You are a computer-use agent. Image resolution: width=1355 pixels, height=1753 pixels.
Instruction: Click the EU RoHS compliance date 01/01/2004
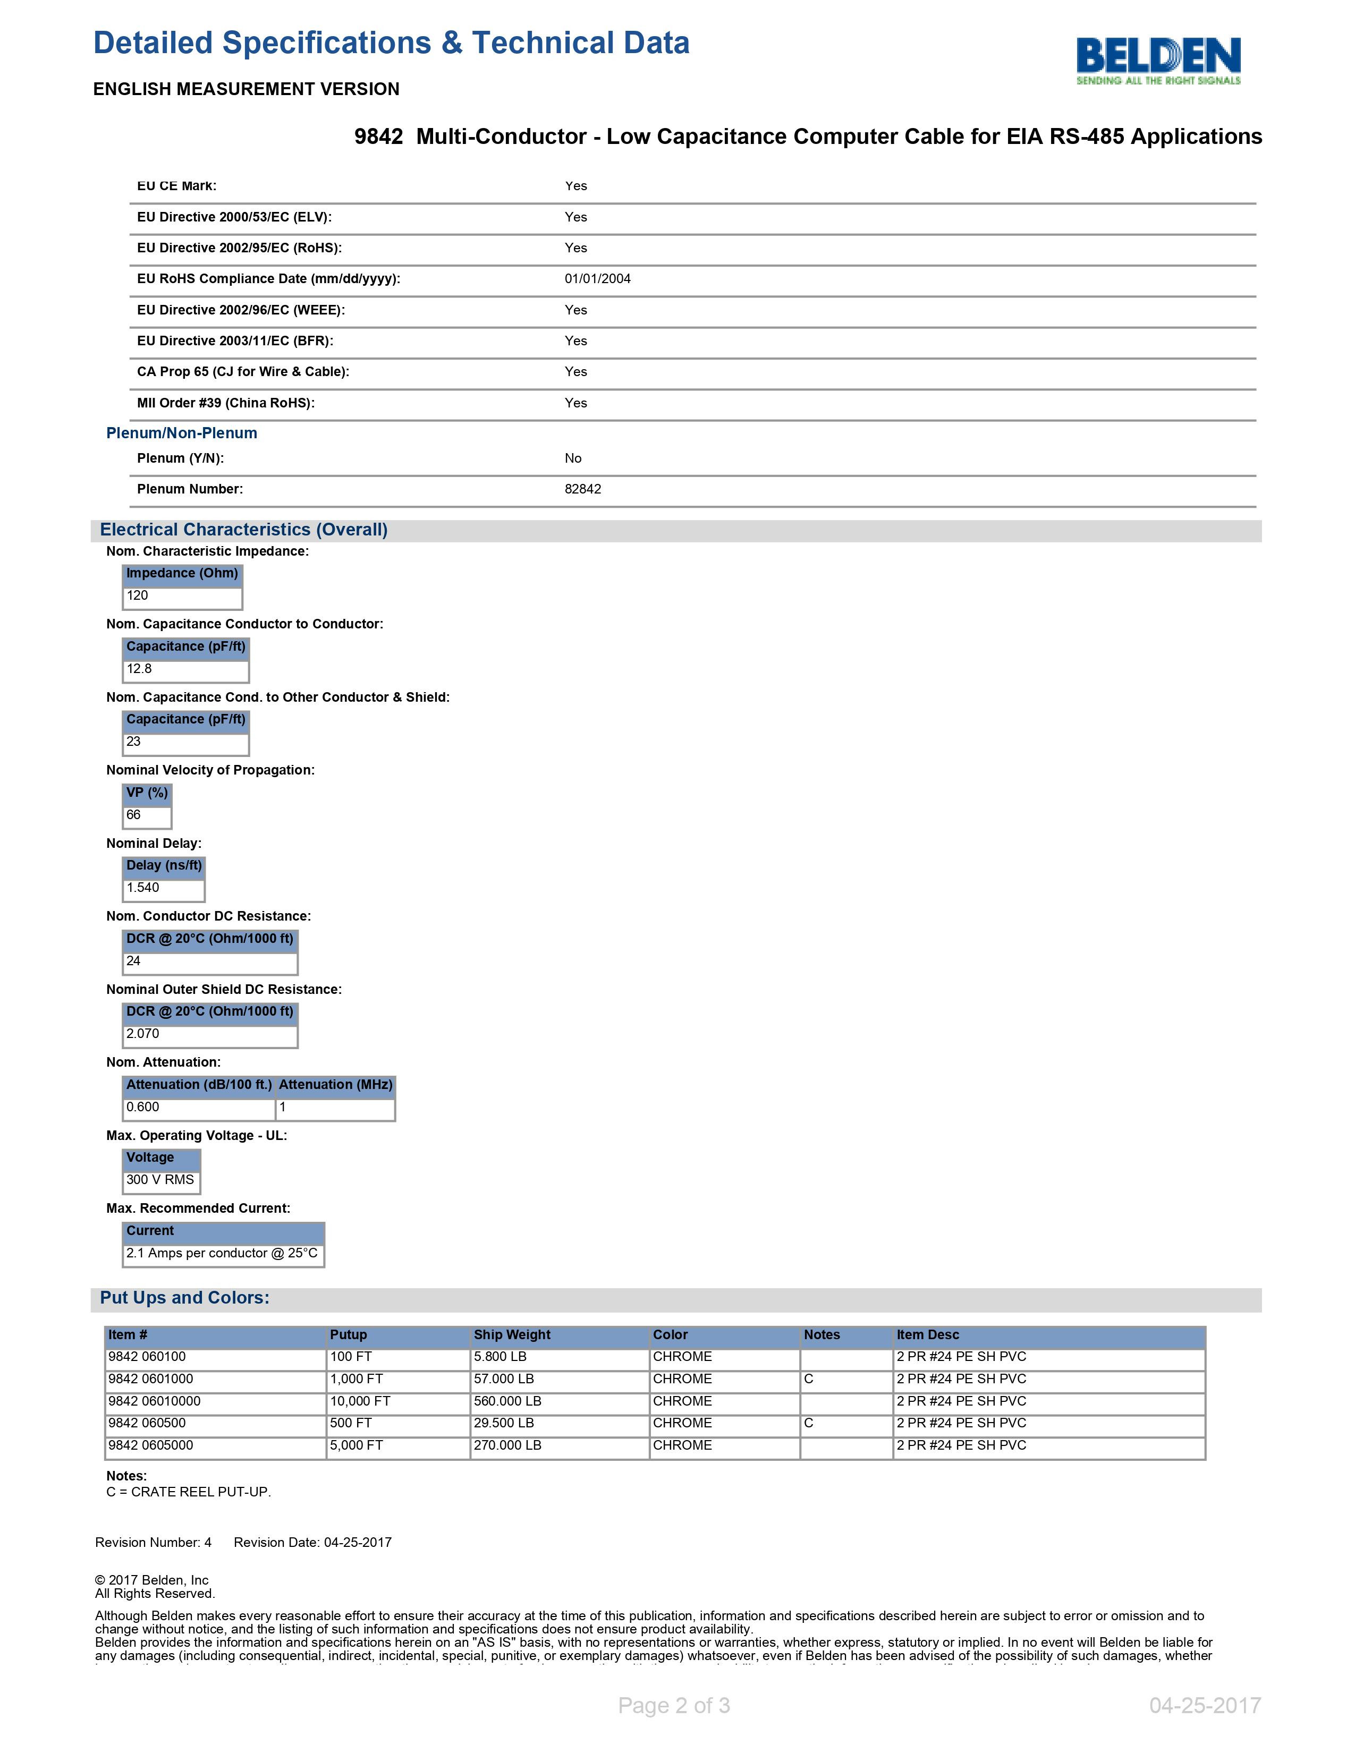tap(597, 278)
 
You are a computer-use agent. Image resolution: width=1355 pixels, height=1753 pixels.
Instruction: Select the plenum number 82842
tap(583, 489)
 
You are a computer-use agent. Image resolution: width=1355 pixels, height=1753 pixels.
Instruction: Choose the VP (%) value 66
tap(134, 815)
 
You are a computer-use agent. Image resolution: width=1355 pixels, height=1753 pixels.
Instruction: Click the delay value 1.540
tap(143, 888)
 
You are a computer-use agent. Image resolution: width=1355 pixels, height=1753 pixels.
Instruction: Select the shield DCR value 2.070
tap(143, 1034)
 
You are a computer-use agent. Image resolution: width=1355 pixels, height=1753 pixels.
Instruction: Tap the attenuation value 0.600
tap(143, 1107)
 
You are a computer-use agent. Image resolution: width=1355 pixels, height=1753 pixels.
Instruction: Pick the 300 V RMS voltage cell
tap(160, 1180)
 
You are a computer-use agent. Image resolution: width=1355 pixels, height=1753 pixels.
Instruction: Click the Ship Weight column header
tap(512, 1335)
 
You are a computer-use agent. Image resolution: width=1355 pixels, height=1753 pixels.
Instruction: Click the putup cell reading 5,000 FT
tap(357, 1445)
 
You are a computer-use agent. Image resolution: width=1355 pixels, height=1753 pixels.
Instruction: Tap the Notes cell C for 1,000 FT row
tap(809, 1379)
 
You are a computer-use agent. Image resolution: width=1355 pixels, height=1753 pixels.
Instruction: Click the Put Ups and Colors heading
tap(184, 1298)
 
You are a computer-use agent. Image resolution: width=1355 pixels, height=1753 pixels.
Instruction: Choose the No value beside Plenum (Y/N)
tap(573, 458)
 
